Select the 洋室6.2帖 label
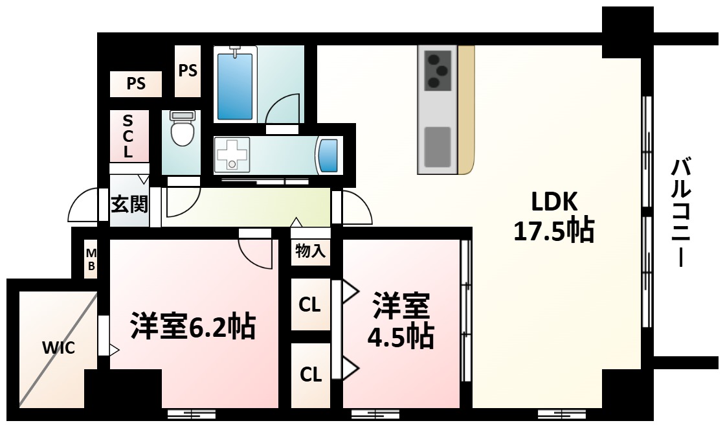[193, 326]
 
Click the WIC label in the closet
[59, 348]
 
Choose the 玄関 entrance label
[129, 205]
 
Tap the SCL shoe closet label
[128, 136]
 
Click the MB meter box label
[91, 259]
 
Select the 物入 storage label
[310, 251]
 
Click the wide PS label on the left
[135, 83]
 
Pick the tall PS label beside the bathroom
[188, 70]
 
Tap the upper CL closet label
[310, 304]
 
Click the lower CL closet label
[310, 374]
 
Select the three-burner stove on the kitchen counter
[437, 70]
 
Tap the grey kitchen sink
[437, 146]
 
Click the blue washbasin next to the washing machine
[329, 155]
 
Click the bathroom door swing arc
[284, 107]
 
